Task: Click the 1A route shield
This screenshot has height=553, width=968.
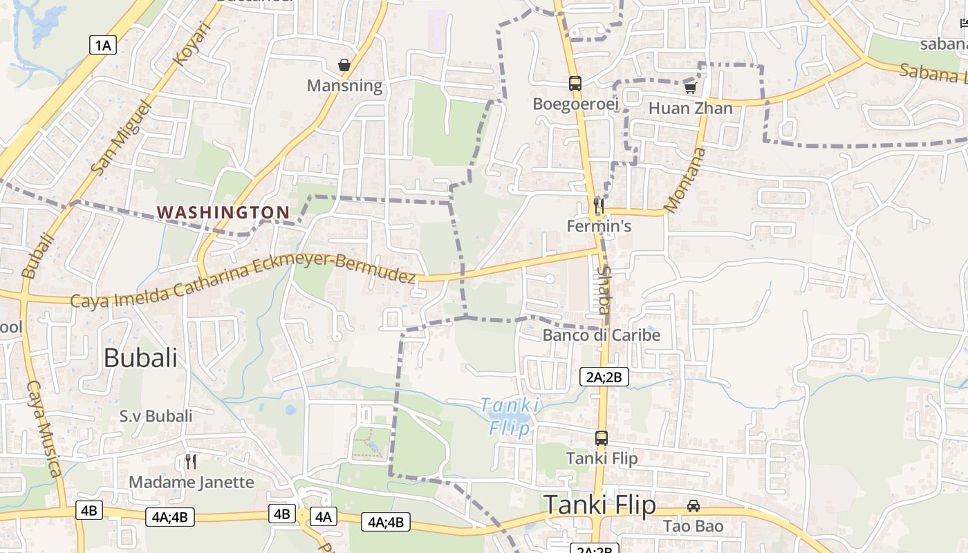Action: pyautogui.click(x=102, y=46)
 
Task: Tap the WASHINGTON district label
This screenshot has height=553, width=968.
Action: pyautogui.click(x=223, y=212)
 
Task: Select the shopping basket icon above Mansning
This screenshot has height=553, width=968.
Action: pyautogui.click(x=344, y=66)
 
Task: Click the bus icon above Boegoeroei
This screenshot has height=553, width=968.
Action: pyautogui.click(x=575, y=84)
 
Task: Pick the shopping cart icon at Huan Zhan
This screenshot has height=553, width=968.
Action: pyautogui.click(x=690, y=88)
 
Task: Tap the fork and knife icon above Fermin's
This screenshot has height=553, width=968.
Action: pyautogui.click(x=599, y=205)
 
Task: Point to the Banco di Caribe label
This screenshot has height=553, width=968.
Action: pyautogui.click(x=602, y=335)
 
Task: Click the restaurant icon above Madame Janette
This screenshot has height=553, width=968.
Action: pyautogui.click(x=192, y=461)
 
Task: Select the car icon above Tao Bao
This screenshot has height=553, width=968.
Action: pyautogui.click(x=694, y=506)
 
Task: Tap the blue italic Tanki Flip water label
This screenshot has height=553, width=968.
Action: pyautogui.click(x=510, y=416)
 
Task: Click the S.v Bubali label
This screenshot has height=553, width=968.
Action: pyautogui.click(x=156, y=416)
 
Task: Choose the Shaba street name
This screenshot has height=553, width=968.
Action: pyautogui.click(x=604, y=290)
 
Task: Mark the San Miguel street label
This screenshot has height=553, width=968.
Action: pyautogui.click(x=120, y=137)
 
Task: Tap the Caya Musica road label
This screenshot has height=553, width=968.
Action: pyautogui.click(x=44, y=429)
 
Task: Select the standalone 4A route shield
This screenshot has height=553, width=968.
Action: pyautogui.click(x=324, y=516)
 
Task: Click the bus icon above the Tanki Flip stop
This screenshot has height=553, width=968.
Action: pyautogui.click(x=602, y=438)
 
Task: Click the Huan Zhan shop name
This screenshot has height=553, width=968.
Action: pyautogui.click(x=690, y=109)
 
